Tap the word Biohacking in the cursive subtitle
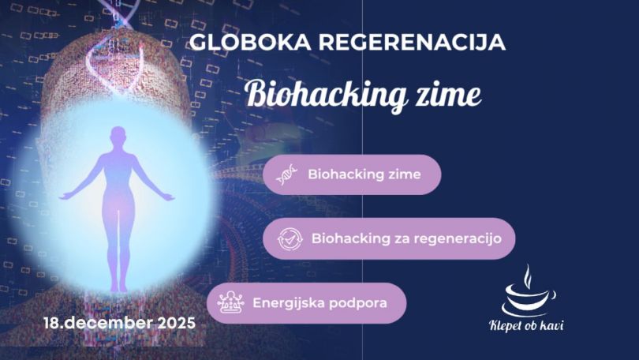319,95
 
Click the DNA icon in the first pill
287,175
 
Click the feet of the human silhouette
118,287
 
